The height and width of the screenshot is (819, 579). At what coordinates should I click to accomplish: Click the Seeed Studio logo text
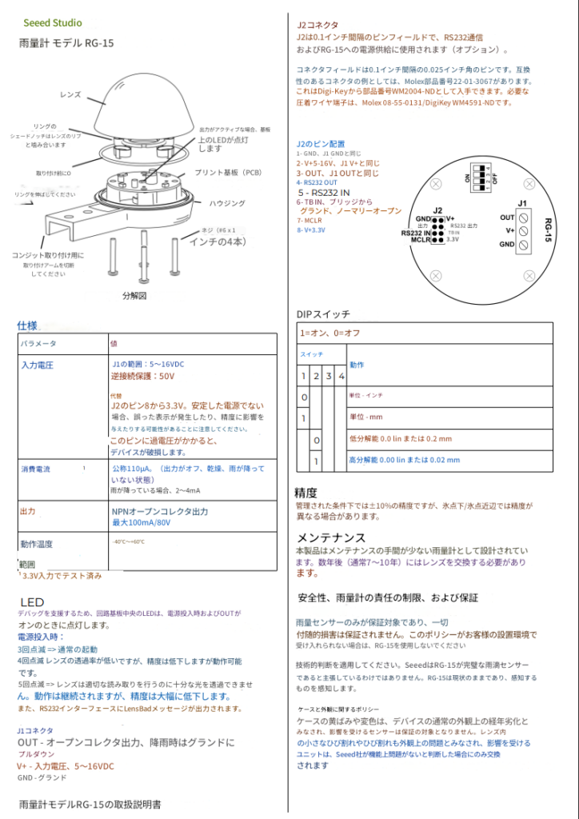click(53, 23)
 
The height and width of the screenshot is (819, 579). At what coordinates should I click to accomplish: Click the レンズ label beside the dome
click(71, 94)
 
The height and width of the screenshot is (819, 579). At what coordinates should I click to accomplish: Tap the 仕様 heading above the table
click(27, 326)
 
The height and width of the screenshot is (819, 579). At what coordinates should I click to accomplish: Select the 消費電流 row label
click(37, 469)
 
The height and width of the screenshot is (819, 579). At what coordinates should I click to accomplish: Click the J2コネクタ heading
click(317, 25)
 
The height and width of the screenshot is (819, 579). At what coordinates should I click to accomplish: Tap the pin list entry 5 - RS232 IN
click(324, 193)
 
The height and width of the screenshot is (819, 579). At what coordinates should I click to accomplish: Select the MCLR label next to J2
click(421, 239)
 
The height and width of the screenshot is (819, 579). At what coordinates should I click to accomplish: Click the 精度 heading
click(306, 492)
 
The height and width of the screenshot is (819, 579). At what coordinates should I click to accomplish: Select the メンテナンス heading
click(331, 537)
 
